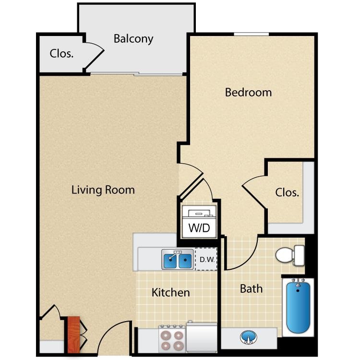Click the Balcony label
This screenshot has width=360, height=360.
(133, 39)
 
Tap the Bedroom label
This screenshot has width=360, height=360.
(248, 92)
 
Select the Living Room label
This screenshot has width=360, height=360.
(103, 190)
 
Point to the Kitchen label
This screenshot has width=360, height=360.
(171, 292)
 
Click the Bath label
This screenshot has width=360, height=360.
(251, 288)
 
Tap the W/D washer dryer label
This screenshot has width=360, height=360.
(198, 227)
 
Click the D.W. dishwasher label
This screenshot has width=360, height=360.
(206, 260)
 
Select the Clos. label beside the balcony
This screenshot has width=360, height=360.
(61, 53)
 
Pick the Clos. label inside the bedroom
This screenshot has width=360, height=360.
(287, 192)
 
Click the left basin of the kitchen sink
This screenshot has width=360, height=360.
(171, 261)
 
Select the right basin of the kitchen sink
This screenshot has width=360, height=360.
(185, 261)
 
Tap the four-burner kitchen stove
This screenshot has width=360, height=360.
(172, 339)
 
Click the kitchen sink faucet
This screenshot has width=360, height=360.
(178, 252)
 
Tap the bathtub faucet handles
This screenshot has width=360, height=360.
(298, 282)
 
